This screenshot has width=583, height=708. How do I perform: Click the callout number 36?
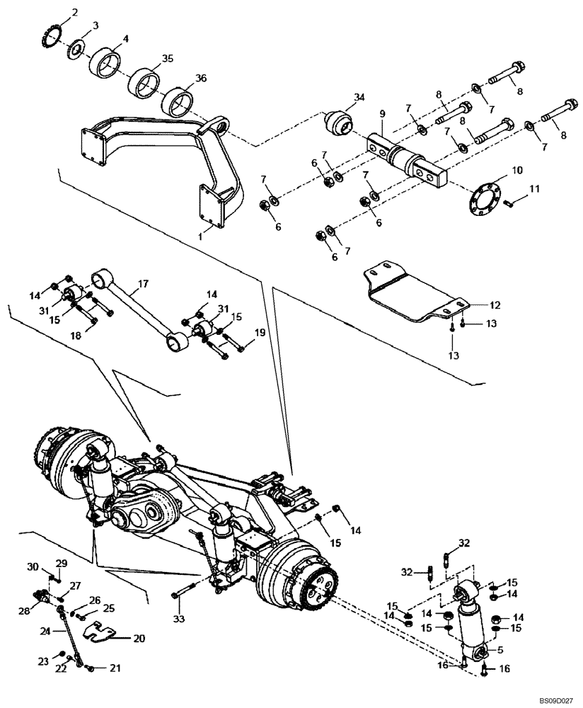pyautogui.click(x=202, y=79)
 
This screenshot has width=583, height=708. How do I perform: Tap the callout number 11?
pyautogui.click(x=534, y=188)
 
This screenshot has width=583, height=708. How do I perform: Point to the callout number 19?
pyautogui.click(x=260, y=332)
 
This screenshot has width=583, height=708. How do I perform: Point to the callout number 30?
pyautogui.click(x=33, y=566)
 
